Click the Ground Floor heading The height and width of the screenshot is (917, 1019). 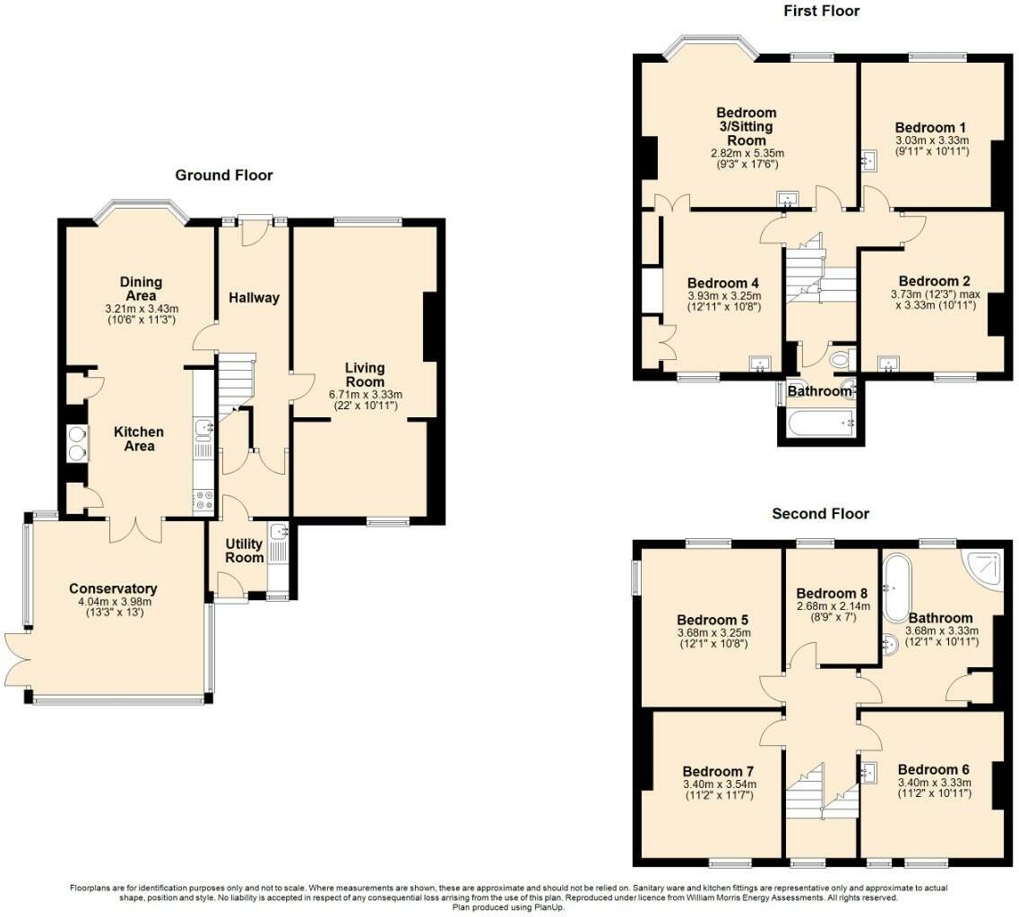coord(223,176)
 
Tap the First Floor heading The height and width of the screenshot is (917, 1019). coord(821,11)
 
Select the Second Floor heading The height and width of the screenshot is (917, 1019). coord(820,514)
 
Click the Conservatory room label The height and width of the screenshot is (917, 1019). coord(113,588)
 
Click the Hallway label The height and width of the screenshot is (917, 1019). coord(253,298)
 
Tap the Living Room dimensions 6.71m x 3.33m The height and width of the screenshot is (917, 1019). coord(366,395)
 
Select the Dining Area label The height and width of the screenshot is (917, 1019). coord(141,289)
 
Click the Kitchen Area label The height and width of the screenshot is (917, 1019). coord(139,439)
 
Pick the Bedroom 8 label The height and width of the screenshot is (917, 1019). coord(832,593)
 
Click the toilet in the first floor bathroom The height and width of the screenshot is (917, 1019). coord(841,361)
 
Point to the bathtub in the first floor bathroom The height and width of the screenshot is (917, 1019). coord(820,424)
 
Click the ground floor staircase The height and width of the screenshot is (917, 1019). coord(235,381)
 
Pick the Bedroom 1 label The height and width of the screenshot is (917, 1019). coord(931,127)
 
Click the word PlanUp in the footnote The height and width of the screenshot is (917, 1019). coord(547,907)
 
